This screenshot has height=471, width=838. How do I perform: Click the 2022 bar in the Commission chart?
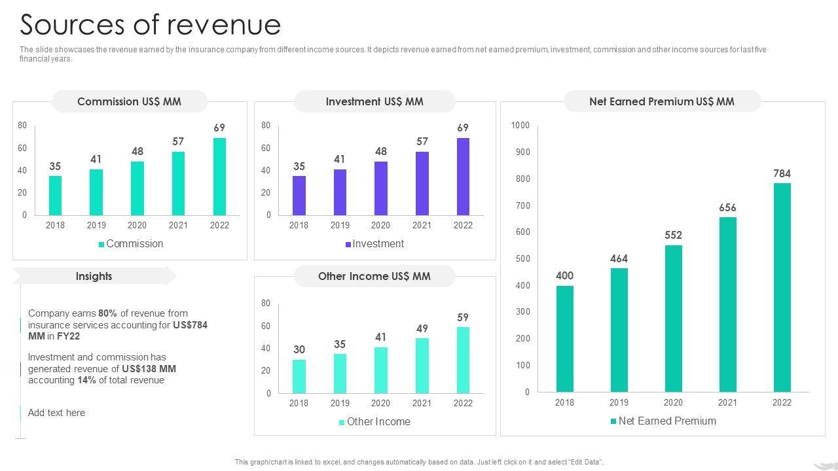pos(219,177)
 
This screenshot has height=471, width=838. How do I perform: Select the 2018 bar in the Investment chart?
pos(299,196)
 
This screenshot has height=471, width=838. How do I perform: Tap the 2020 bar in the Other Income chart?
pos(380,370)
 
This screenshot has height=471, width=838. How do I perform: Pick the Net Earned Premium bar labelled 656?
pos(727,304)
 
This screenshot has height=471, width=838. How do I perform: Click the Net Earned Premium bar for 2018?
pos(564,339)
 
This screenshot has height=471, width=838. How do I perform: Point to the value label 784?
pos(782,173)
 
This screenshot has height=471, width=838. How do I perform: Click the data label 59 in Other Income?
pos(463,317)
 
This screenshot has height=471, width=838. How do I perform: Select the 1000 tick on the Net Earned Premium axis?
pos(520,125)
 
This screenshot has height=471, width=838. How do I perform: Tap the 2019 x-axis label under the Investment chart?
pos(340,225)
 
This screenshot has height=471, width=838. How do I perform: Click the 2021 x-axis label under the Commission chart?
pos(178,225)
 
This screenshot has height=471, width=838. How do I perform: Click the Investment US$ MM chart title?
pos(374,101)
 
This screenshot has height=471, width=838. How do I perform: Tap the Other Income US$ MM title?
pos(374,276)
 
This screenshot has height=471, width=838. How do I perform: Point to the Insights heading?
pos(94,276)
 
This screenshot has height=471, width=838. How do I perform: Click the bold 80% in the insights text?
pos(107,313)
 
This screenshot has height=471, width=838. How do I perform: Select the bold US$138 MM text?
pos(149,369)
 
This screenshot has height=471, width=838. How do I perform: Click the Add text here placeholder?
pos(56,413)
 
